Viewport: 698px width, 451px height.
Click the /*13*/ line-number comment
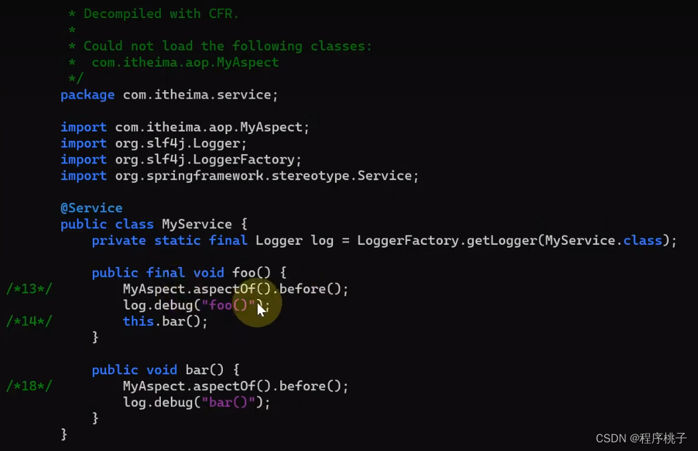click(29, 289)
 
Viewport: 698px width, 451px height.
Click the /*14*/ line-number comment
click(29, 322)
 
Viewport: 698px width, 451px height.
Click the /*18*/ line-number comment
click(29, 386)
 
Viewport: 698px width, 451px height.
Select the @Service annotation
click(91, 208)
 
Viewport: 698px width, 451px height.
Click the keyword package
click(87, 95)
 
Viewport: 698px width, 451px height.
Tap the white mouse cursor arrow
click(261, 310)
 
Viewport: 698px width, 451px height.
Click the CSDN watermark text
click(641, 438)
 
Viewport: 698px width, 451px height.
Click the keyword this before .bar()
click(138, 322)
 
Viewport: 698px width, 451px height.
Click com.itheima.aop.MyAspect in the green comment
click(186, 63)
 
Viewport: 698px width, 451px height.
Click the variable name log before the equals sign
click(322, 240)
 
